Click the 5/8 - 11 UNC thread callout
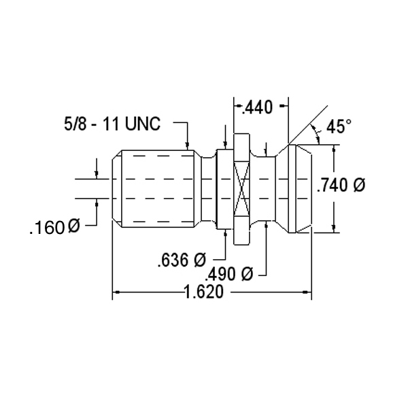(112, 124)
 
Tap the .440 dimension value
(256, 107)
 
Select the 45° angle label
(339, 126)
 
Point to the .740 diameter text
(341, 185)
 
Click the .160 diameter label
(54, 227)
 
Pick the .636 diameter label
(182, 260)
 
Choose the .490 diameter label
(229, 274)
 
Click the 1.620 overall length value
(203, 292)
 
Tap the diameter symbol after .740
(359, 185)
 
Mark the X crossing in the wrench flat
(242, 189)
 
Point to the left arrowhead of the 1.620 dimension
(116, 292)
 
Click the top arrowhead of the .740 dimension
(334, 148)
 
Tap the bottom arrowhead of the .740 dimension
(334, 228)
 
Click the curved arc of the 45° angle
(316, 134)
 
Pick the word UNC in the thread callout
(143, 124)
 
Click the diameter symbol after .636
(200, 259)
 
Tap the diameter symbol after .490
(248, 273)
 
